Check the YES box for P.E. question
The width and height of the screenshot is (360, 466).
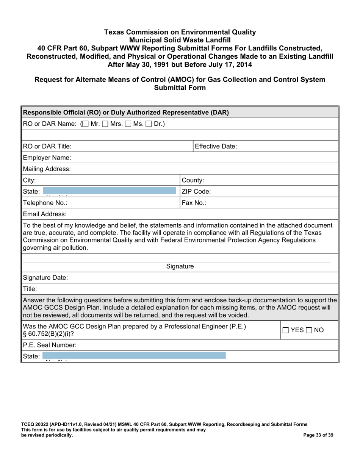tap(286, 330)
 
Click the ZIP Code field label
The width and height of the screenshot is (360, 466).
tap(196, 192)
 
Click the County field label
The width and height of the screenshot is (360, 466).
tap(193, 180)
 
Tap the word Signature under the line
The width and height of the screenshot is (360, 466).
tap(180, 267)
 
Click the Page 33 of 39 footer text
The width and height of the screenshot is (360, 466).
tap(318, 435)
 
